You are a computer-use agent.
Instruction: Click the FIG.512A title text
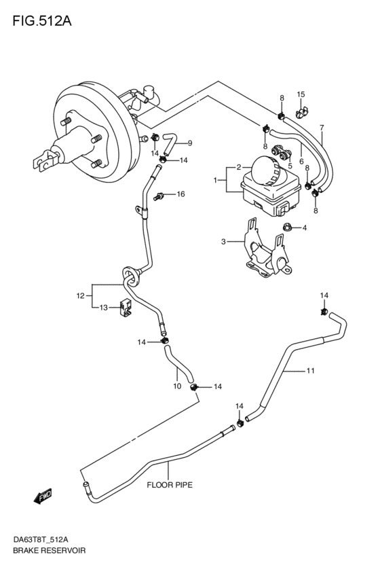pos(42,21)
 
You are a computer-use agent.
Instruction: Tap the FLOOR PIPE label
pos(170,485)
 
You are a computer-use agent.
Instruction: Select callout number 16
pos(180,194)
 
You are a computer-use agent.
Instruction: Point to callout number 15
pos(301,94)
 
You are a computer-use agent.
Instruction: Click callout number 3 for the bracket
pos(223,242)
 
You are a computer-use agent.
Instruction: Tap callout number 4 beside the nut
pos(305,228)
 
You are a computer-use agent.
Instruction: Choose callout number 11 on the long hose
pos(310,370)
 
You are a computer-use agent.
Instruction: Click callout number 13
pos(103,308)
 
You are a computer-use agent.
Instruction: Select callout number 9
pos(190,143)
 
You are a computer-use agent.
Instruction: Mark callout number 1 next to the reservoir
pos(215,181)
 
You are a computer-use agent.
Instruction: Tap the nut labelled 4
pos(287,227)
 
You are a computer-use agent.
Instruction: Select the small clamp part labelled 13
pos(125,308)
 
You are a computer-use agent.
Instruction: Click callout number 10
pos(177,386)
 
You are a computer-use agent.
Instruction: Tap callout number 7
pos(322,128)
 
